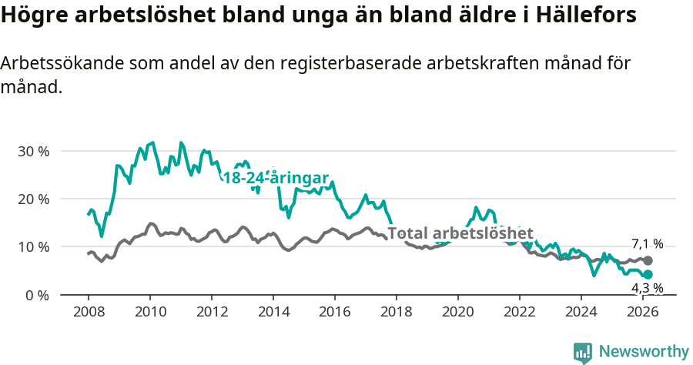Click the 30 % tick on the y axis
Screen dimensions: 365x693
[33, 151]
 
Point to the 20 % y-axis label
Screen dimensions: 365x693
[33, 199]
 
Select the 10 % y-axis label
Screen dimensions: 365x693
[33, 247]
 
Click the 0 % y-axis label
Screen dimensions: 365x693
[37, 295]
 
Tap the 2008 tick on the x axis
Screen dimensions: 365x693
[88, 312]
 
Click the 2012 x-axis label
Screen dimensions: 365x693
[211, 312]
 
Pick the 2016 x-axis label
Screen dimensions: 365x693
[334, 312]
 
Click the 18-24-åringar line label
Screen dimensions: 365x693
[276, 178]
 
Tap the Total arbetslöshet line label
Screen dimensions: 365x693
[460, 233]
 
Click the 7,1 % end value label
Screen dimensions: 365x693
[647, 243]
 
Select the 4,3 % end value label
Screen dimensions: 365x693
[647, 288]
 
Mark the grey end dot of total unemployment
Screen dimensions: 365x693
[648, 261]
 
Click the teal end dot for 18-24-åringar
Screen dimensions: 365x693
[648, 275]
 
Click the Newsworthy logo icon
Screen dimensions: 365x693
[582, 352]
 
